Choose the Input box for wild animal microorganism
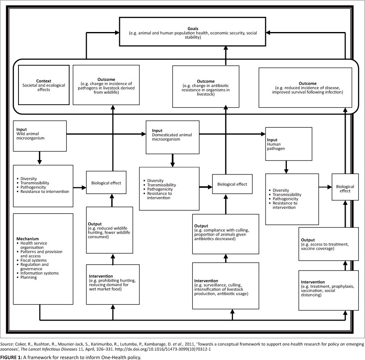(40, 135)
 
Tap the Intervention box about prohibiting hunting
(113, 284)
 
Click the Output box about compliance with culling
(226, 234)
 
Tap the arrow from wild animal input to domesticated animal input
(106, 134)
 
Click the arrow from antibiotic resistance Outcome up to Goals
(226, 55)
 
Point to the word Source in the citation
(7, 343)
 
